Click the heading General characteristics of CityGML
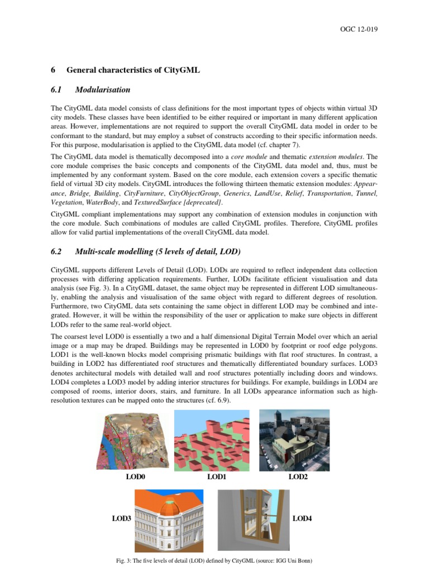[x=133, y=70]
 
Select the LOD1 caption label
[x=216, y=477]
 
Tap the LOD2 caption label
[x=298, y=477]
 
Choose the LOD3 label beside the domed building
[x=121, y=519]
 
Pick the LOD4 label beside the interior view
[x=302, y=519]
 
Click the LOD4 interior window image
[x=253, y=519]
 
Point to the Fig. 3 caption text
[x=214, y=560]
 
